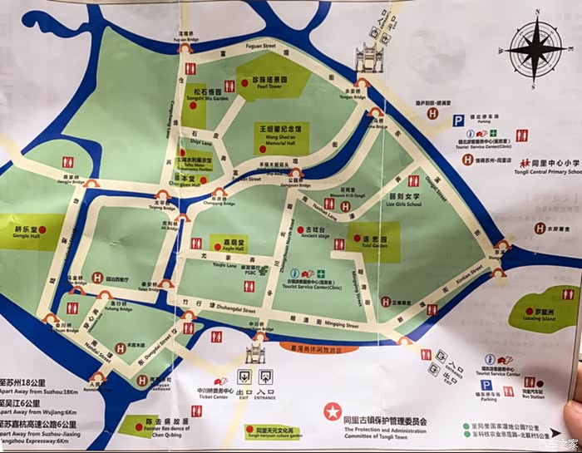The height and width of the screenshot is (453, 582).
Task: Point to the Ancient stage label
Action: [x=316, y=235]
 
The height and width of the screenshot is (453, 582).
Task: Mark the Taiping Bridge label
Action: [x=144, y=205]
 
